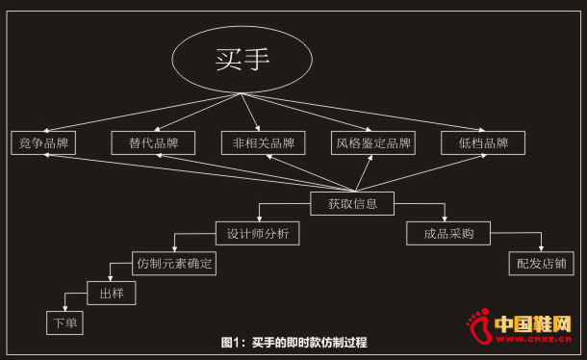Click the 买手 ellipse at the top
242,60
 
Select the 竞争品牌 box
44,143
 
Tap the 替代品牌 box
153,143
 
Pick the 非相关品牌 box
263,143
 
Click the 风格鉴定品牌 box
372,143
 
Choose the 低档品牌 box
482,143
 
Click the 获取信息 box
352,203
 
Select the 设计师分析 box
258,233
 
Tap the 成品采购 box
448,233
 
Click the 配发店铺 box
541,262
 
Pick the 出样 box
111,292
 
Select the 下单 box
65,322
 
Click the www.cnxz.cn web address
540,339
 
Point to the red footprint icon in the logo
476,327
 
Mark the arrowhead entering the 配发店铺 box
541,249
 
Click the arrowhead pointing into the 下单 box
64,308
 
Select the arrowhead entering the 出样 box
110,279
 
